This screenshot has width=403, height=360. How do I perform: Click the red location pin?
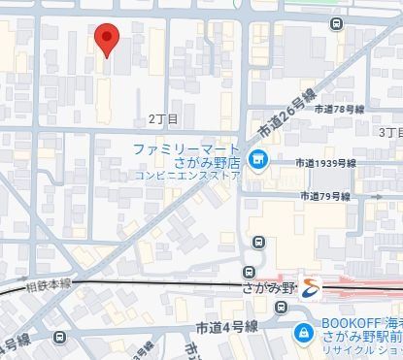tap(107, 39)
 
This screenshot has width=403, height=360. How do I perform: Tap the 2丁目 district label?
tap(163, 119)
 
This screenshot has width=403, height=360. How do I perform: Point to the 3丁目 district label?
tap(389, 131)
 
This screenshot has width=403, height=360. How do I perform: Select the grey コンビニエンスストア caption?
tap(186, 177)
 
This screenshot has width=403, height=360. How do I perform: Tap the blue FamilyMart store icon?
tap(257, 160)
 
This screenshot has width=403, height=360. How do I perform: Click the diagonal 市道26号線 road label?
tap(288, 115)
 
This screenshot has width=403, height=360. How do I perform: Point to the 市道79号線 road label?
tap(325, 196)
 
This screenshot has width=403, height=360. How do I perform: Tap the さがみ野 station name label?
tap(267, 288)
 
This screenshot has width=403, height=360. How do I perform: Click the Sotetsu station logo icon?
tap(308, 286)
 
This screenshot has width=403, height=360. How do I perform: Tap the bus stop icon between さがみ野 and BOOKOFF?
tap(282, 308)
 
